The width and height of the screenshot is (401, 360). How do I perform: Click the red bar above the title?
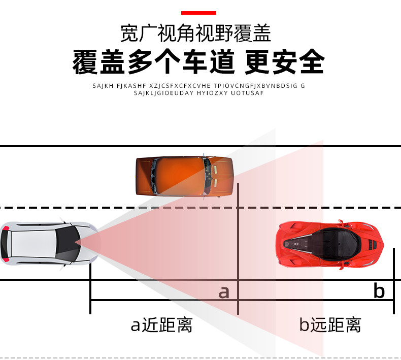[x=198, y=13]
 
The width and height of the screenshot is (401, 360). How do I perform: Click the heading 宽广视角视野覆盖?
[x=195, y=33]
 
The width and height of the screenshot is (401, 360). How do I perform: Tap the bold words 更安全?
[x=285, y=61]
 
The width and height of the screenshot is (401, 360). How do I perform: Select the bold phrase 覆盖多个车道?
[x=153, y=61]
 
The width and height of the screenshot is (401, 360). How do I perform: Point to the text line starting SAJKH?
[x=198, y=86]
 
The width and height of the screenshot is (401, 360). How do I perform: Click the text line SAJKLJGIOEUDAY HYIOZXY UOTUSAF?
[x=198, y=93]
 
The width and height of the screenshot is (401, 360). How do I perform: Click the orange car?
[x=184, y=176]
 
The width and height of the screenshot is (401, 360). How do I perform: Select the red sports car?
[x=329, y=244]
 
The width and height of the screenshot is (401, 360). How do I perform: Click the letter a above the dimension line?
[x=224, y=292]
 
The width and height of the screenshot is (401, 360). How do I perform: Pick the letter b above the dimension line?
[x=379, y=290]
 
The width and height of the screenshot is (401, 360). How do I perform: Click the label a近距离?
[x=161, y=325]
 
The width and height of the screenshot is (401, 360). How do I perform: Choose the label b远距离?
[x=330, y=325]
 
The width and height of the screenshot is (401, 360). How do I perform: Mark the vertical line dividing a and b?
[x=238, y=249]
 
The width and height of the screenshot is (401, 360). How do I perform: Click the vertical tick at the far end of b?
[x=394, y=281]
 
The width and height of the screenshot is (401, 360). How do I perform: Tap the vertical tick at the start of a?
[x=90, y=288]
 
